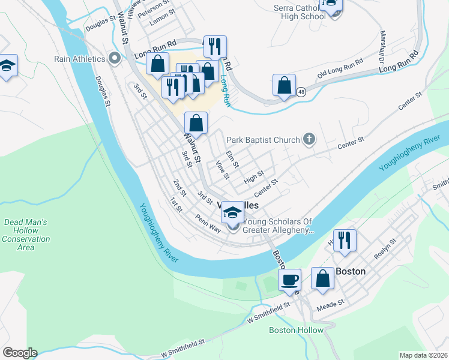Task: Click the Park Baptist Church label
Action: pos(262,140)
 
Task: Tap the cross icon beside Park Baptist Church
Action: pos(309,140)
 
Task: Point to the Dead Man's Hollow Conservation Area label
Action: pos(26,235)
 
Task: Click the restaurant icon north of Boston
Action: pos(344,240)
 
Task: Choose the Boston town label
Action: pos(351,271)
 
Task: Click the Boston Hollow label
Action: pos(296,330)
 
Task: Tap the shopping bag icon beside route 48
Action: pos(284,85)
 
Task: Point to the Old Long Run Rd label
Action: pos(340,67)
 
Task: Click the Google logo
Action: pos(19,353)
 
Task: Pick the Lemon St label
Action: pos(162,20)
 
